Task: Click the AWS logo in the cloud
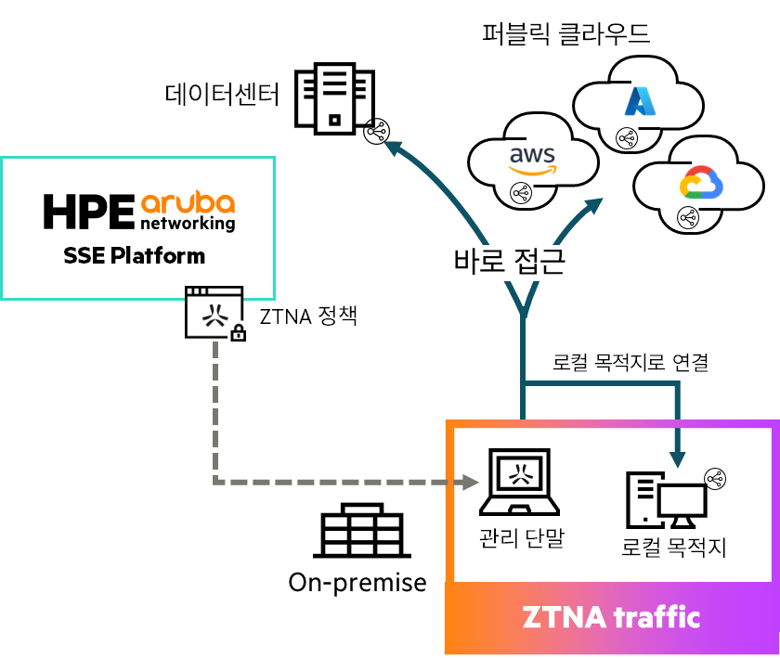tap(532, 159)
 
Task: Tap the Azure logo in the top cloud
tap(641, 100)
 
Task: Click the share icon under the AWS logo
tap(520, 193)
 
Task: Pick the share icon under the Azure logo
tap(627, 138)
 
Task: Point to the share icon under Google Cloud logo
tap(687, 218)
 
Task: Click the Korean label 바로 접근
tap(509, 263)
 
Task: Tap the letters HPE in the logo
tap(89, 212)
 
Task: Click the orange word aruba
tap(188, 202)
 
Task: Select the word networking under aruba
tap(188, 224)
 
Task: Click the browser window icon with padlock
tap(214, 313)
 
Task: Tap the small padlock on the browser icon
tap(238, 331)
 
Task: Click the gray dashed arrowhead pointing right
tap(471, 482)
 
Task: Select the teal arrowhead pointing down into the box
tap(679, 458)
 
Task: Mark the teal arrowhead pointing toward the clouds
tap(594, 206)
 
